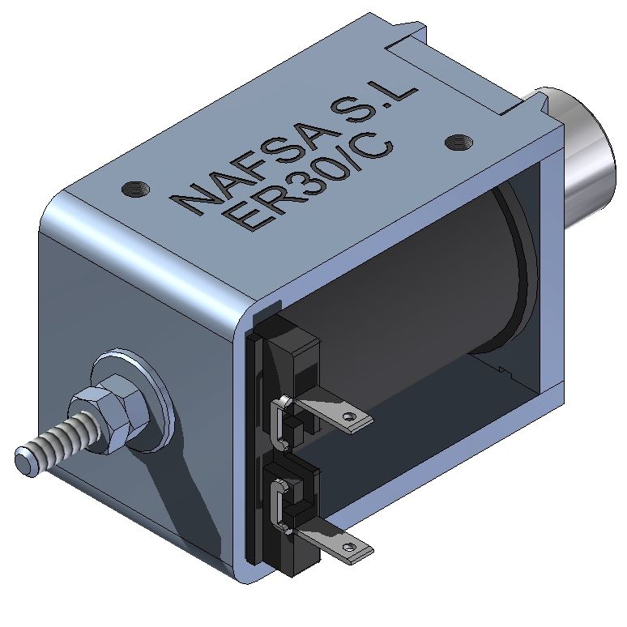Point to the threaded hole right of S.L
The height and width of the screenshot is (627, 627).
[458, 143]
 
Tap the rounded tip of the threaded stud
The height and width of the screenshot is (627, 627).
[24, 463]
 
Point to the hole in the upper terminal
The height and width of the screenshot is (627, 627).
[350, 417]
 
